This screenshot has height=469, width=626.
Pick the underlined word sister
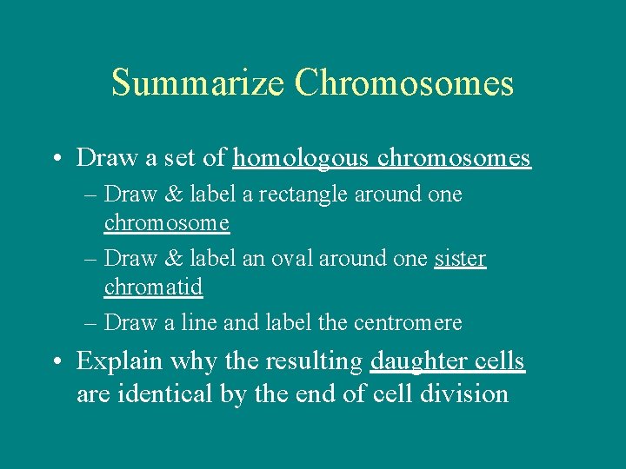click(460, 259)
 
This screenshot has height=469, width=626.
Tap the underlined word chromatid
click(153, 286)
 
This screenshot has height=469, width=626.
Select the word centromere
click(408, 323)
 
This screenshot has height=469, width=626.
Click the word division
click(465, 393)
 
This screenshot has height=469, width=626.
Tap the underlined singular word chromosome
click(167, 222)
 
